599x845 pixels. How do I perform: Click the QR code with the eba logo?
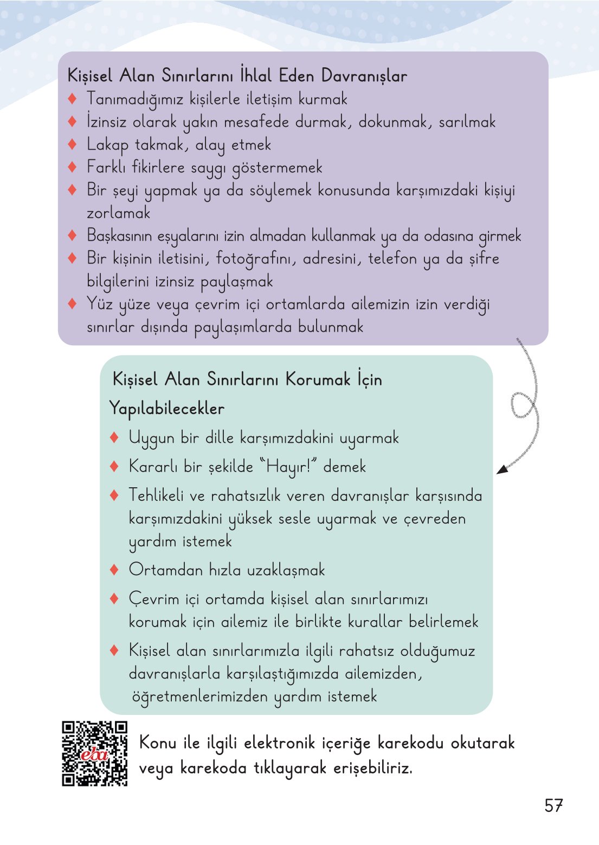tap(94, 753)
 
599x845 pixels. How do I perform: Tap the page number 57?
tap(553, 806)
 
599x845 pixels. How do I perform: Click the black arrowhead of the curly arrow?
tap(503, 469)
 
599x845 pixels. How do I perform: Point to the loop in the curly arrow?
tap(523, 405)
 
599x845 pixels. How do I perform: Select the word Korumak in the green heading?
tap(318, 379)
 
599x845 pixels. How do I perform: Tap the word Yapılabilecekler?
tap(166, 408)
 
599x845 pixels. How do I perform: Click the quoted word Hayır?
tap(288, 467)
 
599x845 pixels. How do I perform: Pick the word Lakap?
tap(108, 145)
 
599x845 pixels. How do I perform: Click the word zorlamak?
tap(118, 213)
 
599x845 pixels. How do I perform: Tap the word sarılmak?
tap(467, 122)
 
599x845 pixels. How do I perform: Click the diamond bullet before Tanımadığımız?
tap(73, 99)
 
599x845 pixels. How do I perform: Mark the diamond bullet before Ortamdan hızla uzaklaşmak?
tap(114, 570)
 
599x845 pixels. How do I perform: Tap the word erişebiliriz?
tap(372, 767)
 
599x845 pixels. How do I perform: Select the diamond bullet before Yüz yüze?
tap(73, 304)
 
